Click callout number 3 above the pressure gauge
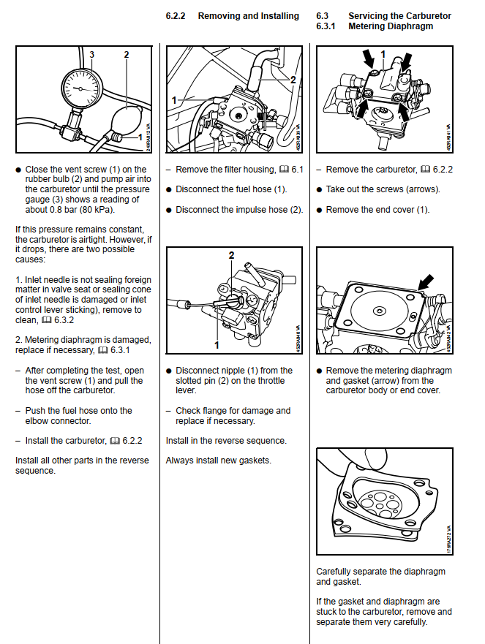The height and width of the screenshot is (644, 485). [91, 54]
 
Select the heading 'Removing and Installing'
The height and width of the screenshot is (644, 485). [248, 15]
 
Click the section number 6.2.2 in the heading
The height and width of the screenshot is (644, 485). [178, 15]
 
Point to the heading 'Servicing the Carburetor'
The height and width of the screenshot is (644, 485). [399, 15]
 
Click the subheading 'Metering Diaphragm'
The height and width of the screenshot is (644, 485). [391, 26]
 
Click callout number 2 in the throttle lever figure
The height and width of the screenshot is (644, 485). [231, 255]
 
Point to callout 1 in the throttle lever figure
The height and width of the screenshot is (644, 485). [216, 344]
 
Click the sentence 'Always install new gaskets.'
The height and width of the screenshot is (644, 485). [219, 461]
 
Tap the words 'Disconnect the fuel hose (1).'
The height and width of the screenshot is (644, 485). [231, 189]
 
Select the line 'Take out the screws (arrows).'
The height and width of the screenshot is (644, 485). [383, 189]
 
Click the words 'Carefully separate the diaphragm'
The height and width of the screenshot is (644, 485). [380, 572]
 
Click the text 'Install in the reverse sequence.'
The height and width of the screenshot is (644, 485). [226, 441]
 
